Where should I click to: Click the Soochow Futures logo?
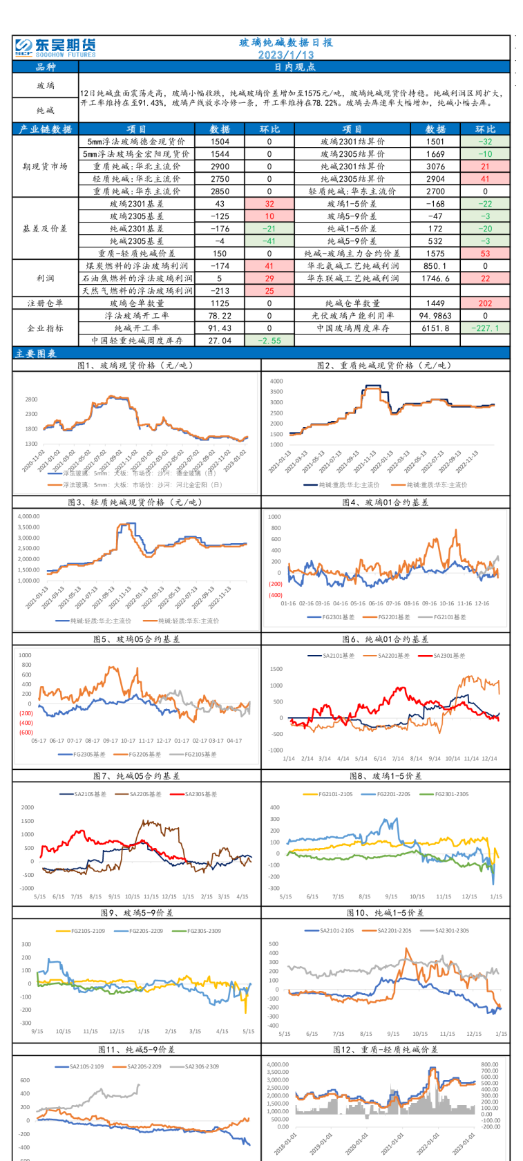55,47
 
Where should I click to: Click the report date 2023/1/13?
286,55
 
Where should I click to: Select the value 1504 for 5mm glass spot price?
220,142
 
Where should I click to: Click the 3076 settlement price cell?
436,167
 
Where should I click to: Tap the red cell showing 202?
485,303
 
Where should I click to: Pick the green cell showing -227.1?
485,328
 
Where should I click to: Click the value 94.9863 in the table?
436,316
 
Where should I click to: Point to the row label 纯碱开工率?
137,328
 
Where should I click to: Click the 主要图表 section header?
35,354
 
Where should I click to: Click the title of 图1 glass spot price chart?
137,366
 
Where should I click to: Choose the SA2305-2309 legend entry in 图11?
200,1066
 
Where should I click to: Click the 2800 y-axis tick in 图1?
31,399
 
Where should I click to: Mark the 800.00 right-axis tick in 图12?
490,1065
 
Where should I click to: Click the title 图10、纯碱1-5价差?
385,913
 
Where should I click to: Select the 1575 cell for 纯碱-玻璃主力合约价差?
436,254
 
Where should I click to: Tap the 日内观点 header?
295,67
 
